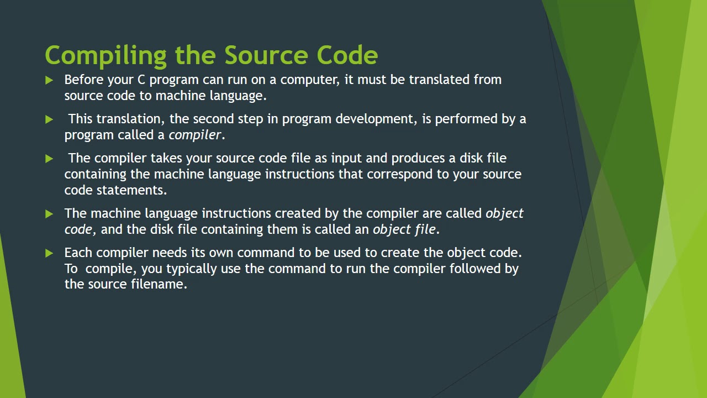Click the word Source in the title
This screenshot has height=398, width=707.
click(x=266, y=56)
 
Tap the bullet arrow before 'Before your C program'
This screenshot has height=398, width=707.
click(x=49, y=80)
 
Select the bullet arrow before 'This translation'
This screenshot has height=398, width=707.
click(x=49, y=119)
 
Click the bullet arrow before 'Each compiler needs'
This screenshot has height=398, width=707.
click(x=49, y=253)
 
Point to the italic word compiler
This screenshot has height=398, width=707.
click(x=194, y=135)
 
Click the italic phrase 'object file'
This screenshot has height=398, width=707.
click(x=404, y=229)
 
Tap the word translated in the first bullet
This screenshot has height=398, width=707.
click(x=439, y=80)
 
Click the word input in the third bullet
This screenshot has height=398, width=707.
click(x=346, y=158)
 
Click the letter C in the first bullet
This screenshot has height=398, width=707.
click(x=141, y=80)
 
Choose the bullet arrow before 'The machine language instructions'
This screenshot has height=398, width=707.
click(x=49, y=214)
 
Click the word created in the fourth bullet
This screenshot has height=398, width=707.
click(x=298, y=213)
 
